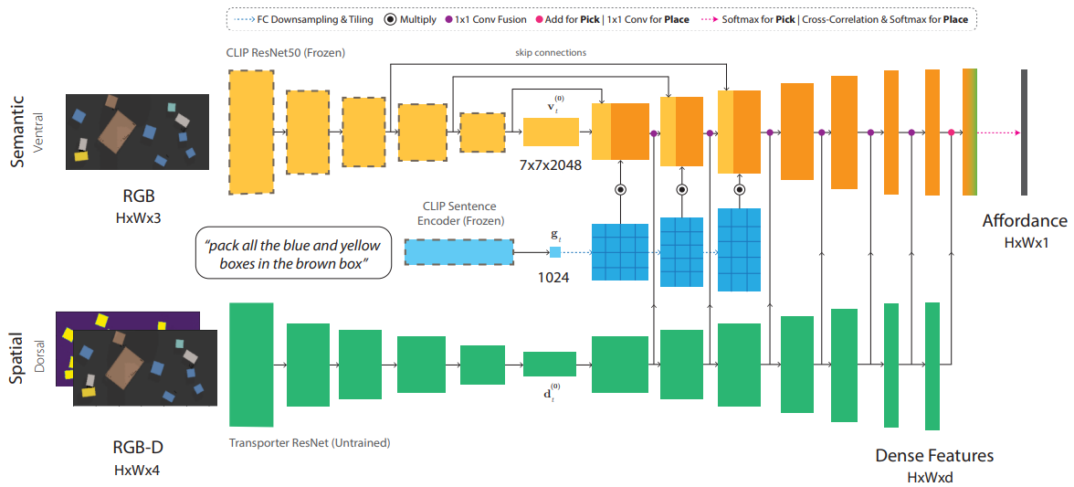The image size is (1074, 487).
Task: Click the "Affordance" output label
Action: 1024,220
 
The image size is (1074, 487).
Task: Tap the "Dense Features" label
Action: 934,455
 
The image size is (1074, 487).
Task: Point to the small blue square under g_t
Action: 554,252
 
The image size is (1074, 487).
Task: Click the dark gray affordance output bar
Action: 1025,132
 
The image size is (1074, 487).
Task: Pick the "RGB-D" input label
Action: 136,448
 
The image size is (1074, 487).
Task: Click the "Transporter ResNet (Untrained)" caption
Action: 310,443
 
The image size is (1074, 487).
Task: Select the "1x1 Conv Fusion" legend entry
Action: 490,18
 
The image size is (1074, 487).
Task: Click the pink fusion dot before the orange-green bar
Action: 952,133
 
